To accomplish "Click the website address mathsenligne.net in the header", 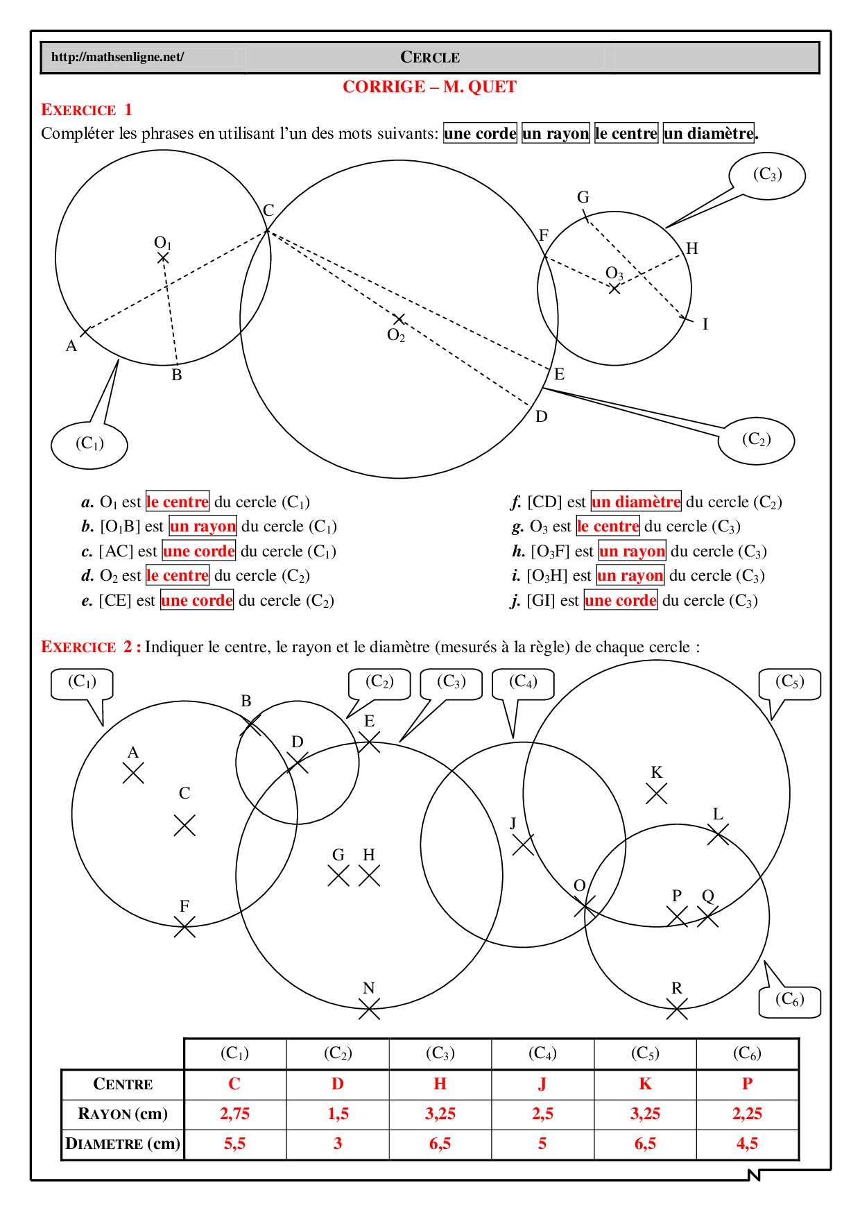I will tap(117, 57).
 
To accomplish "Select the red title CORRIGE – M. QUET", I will tap(429, 87).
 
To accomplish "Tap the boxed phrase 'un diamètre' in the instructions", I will tap(708, 133).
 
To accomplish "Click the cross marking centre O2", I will tap(399, 319).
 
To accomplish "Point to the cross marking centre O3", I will tap(614, 288).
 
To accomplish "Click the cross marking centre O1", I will tap(163, 258).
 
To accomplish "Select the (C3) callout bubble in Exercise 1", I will tap(767, 175).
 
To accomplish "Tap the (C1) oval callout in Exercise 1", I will tap(89, 444).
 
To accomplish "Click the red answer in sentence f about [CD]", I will tap(636, 502).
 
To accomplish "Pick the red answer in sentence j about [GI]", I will tap(621, 600).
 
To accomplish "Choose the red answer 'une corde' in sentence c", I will tap(199, 551).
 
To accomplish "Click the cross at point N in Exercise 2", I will tap(369, 1009).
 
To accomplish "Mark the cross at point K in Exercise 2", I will tap(656, 793).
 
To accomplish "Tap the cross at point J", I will tap(523, 844).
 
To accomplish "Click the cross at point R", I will tap(677, 1009).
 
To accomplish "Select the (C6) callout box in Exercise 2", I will tap(789, 1001).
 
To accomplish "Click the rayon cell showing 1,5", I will tap(338, 1114).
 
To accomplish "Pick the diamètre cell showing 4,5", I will tap(747, 1143).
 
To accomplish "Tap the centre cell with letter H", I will tap(440, 1084).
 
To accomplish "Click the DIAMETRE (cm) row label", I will tap(123, 1143).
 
